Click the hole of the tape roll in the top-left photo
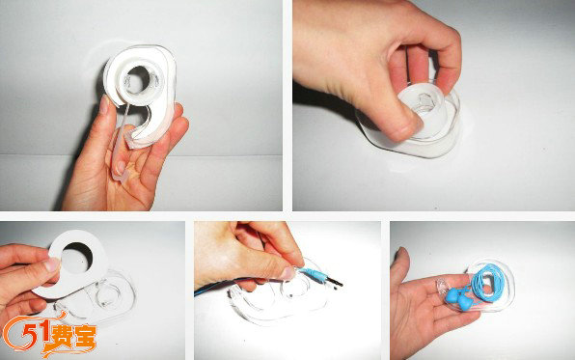(x=139, y=79)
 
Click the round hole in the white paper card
(x=77, y=257)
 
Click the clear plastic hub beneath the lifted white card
(x=107, y=293)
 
